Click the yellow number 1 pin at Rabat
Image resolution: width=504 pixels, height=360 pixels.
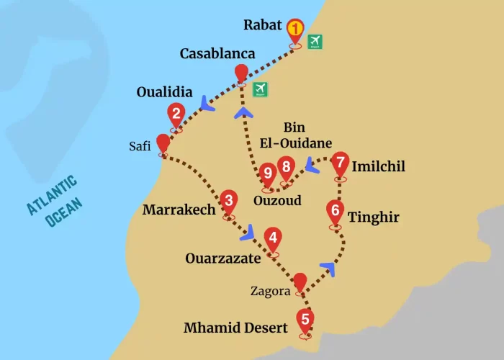(295, 30)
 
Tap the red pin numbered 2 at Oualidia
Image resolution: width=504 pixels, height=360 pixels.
(175, 114)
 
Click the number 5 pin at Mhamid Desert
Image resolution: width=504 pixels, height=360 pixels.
(305, 319)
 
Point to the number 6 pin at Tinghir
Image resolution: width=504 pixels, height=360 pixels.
(335, 212)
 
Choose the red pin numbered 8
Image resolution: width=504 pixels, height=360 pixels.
(287, 168)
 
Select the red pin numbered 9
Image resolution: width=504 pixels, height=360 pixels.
(268, 173)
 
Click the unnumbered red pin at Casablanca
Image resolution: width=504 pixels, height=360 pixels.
(241, 73)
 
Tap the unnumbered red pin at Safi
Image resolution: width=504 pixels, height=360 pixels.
(163, 142)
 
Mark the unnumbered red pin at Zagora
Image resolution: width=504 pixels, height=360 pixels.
(300, 282)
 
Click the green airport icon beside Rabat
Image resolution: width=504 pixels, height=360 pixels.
(315, 42)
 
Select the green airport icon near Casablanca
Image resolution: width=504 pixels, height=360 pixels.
(260, 89)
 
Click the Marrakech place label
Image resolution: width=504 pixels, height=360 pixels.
(179, 210)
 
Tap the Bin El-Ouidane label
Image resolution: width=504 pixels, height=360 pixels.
(299, 134)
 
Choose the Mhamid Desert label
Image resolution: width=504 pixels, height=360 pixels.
(235, 328)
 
